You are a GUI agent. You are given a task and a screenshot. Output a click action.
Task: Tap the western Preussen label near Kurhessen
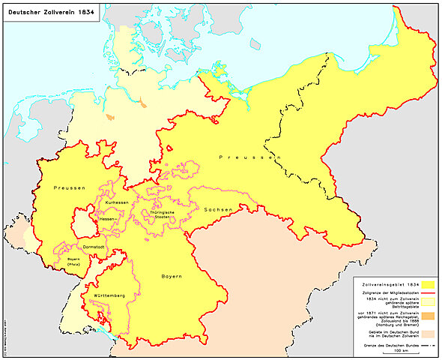[x=68, y=186]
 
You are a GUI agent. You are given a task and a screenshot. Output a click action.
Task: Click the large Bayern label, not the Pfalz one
[x=172, y=277]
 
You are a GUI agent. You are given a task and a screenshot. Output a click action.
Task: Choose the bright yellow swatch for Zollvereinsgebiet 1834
[x=428, y=285]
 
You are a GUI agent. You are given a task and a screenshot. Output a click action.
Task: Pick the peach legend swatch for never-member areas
[x=428, y=334]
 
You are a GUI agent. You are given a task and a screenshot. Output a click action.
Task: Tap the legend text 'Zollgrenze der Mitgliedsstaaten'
[x=386, y=294]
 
